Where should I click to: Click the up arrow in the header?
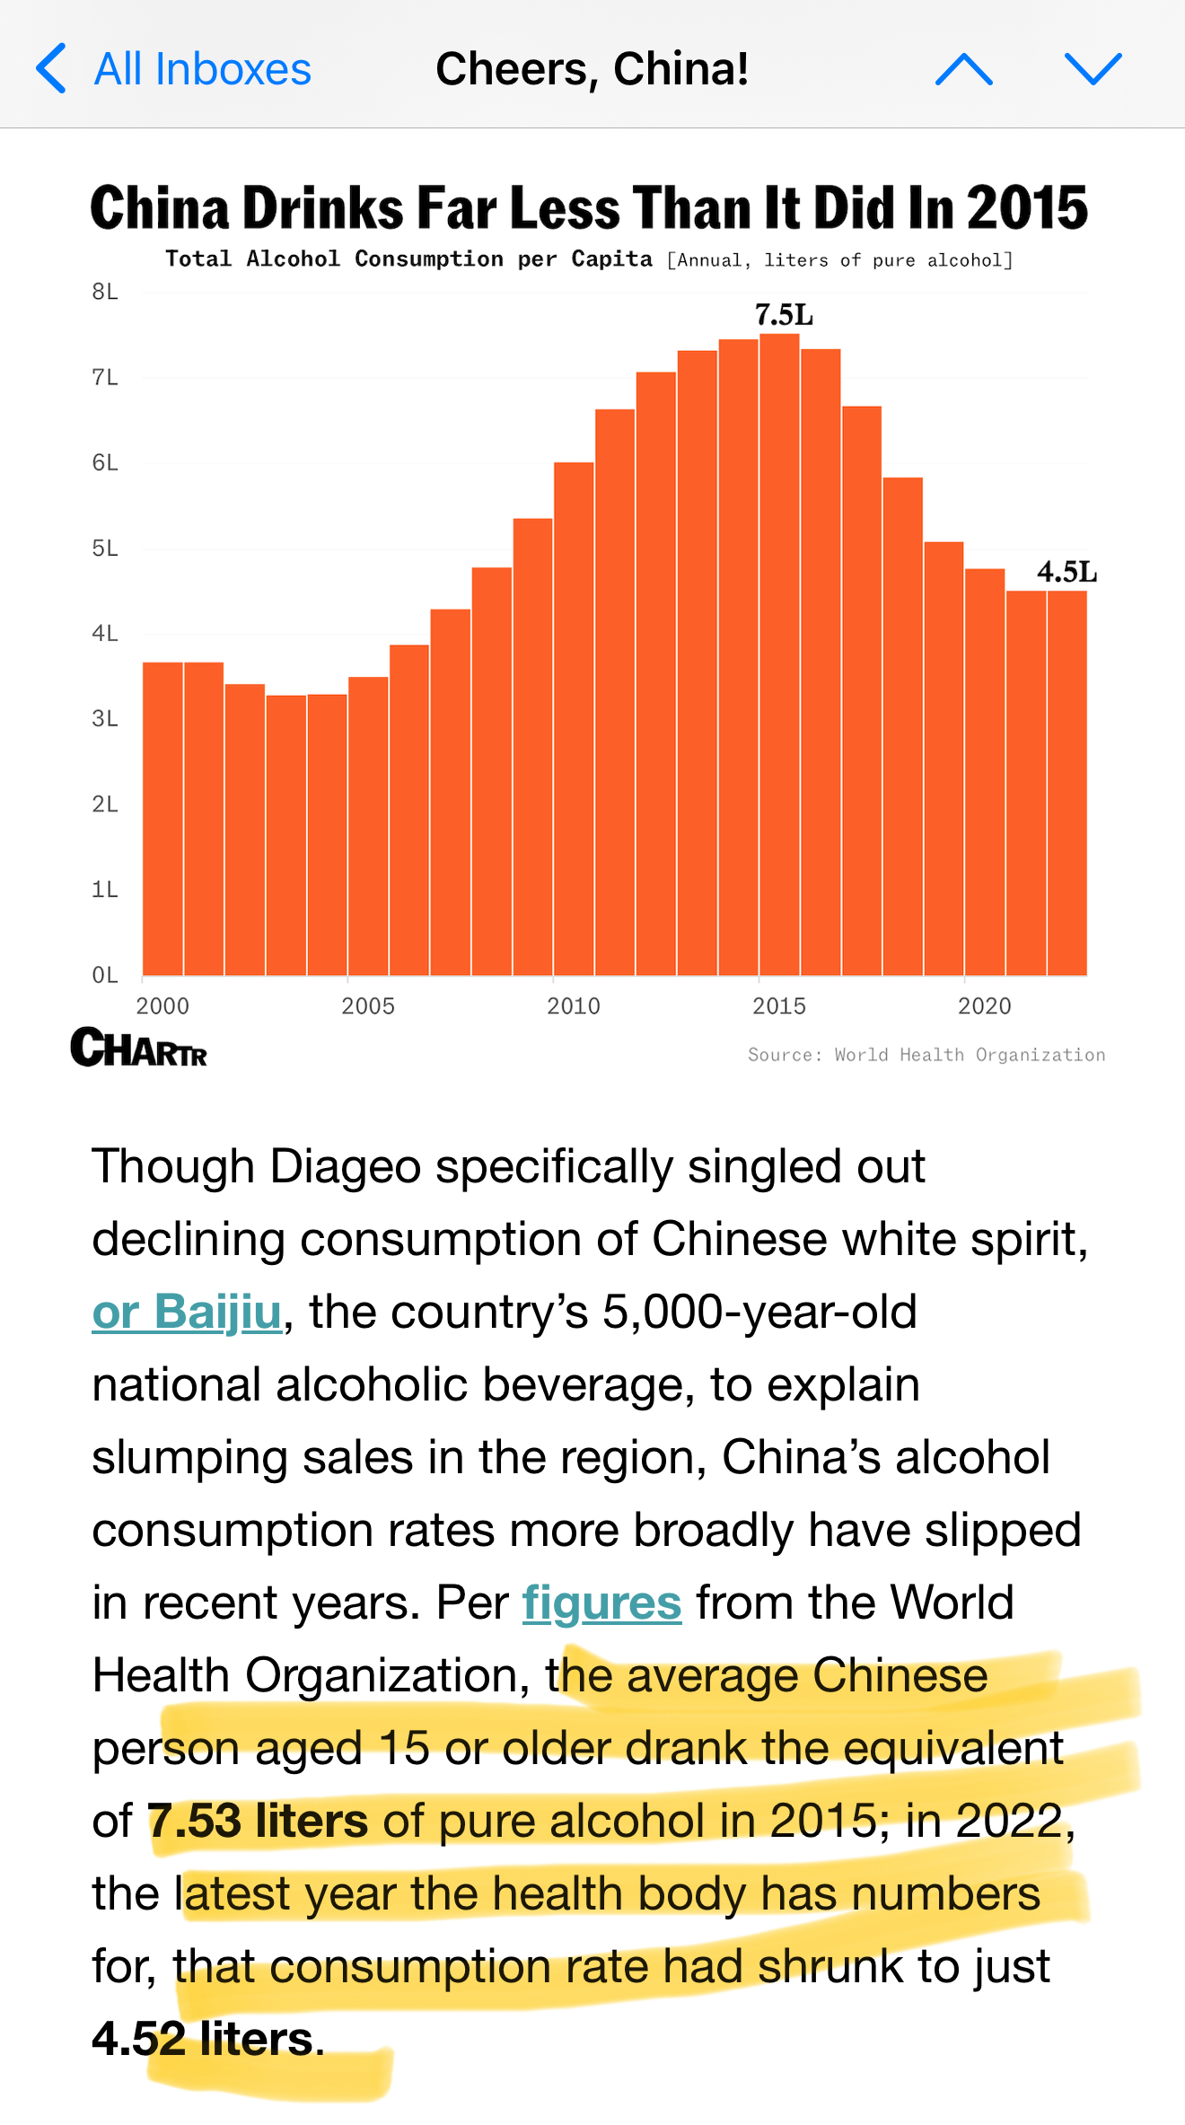(963, 69)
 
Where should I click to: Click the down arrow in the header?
(1093, 69)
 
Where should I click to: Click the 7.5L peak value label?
(784, 315)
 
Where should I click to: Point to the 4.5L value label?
(1066, 572)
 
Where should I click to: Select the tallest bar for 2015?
(779, 655)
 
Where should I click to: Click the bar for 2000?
(162, 817)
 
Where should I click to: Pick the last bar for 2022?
(1067, 781)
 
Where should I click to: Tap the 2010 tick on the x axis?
(574, 1005)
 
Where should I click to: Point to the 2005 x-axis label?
(368, 1005)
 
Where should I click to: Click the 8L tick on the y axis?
(105, 292)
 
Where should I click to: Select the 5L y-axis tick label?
(105, 548)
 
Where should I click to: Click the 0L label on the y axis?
(105, 975)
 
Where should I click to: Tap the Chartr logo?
(139, 1048)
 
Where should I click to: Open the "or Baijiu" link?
(187, 1312)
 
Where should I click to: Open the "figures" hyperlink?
(601, 1603)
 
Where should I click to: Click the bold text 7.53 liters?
(258, 1821)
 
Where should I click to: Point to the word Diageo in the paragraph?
(346, 1166)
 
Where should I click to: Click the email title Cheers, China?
(592, 69)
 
